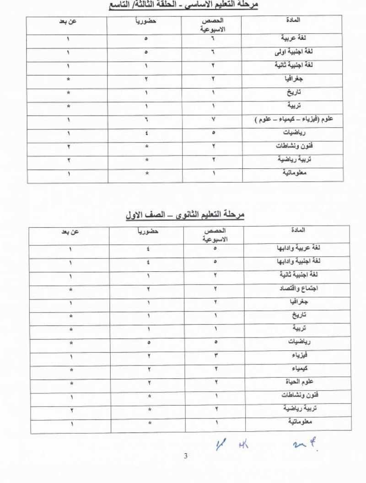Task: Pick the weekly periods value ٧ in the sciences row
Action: coord(214,121)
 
